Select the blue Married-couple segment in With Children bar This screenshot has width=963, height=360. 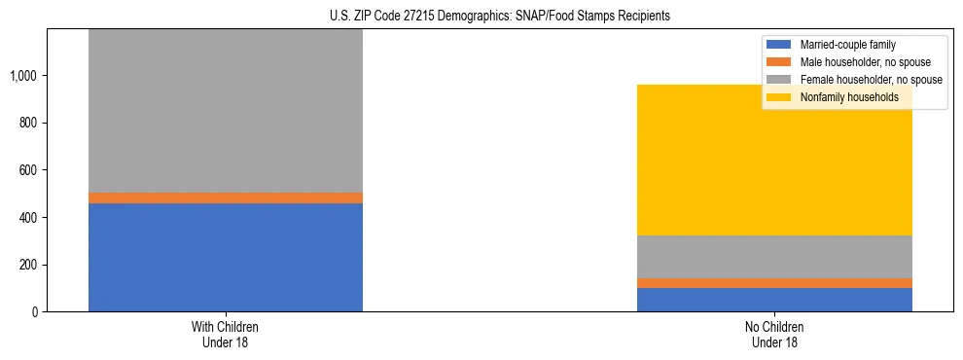pyautogui.click(x=226, y=257)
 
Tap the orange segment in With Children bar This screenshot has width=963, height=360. pyautogui.click(x=226, y=198)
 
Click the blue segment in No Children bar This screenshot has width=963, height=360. pyautogui.click(x=774, y=300)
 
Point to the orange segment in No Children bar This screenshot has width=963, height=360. pyautogui.click(x=774, y=283)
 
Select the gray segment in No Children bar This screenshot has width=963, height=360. pyautogui.click(x=774, y=257)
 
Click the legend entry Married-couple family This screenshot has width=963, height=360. pyautogui.click(x=847, y=45)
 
